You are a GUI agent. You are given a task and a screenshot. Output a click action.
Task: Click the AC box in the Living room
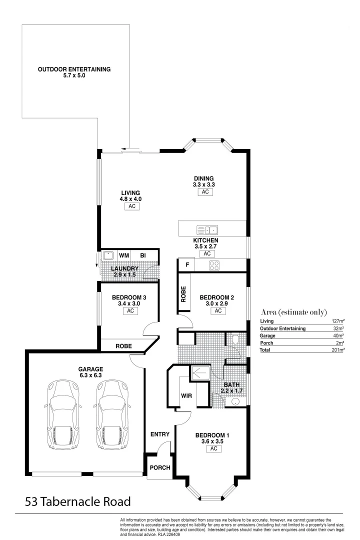131,206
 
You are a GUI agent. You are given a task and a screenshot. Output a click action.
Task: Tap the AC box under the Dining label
204,192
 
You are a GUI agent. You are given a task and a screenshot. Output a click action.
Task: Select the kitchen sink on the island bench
207,230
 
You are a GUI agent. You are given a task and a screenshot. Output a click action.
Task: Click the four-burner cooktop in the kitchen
214,265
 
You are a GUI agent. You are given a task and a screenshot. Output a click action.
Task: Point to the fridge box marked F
187,265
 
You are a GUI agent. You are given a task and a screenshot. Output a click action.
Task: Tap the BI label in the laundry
143,255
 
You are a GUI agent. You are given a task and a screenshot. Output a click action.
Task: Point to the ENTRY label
160,434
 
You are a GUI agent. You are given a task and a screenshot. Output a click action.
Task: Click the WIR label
186,396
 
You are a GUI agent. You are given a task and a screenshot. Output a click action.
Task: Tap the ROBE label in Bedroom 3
123,345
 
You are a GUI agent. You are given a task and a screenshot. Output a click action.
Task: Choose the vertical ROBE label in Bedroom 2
183,294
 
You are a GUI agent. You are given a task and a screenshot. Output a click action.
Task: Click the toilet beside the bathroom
235,340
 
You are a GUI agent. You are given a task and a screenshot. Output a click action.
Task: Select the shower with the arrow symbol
202,372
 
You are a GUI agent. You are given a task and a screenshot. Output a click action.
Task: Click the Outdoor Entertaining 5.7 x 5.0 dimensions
74,76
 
